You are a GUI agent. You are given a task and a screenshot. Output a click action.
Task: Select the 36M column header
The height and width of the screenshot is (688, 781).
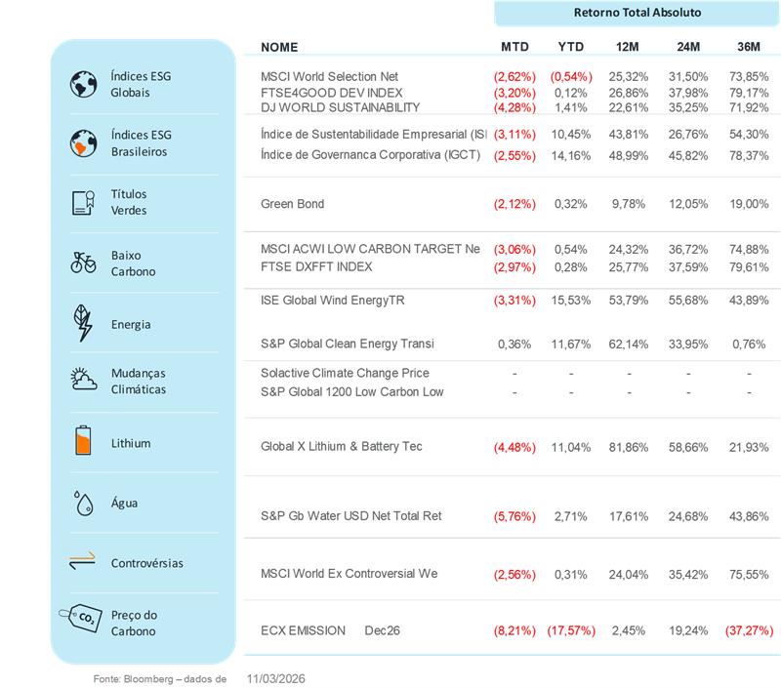tap(750, 47)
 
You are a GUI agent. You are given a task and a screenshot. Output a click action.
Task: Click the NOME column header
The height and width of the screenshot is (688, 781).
tap(280, 47)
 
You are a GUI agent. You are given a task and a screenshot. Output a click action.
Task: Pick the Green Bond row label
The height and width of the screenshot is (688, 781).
tap(292, 204)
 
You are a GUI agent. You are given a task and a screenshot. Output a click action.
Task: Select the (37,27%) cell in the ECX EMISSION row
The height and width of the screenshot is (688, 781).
tap(749, 630)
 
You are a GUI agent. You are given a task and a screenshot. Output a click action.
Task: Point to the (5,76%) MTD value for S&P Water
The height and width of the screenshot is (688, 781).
tap(514, 515)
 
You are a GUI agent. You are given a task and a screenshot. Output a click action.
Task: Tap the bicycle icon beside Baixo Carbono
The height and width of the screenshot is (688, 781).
tap(84, 262)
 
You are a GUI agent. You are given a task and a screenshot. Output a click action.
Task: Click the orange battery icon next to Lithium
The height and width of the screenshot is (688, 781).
tap(84, 441)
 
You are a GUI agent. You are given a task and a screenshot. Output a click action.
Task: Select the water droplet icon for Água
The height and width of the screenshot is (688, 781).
tap(84, 503)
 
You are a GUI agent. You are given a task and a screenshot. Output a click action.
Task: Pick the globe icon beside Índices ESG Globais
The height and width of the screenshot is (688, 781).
tap(84, 84)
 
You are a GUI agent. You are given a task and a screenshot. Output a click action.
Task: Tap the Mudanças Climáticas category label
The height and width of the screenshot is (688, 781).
tap(139, 381)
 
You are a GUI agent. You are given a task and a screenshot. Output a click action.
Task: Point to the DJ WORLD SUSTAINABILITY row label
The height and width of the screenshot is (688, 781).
tap(340, 107)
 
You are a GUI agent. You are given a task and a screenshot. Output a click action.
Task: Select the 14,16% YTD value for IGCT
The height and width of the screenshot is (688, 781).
tap(571, 154)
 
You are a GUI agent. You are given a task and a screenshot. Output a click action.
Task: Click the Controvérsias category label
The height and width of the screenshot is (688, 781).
tap(146, 563)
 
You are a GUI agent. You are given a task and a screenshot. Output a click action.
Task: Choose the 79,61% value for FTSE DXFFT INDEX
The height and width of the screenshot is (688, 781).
tap(749, 266)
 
